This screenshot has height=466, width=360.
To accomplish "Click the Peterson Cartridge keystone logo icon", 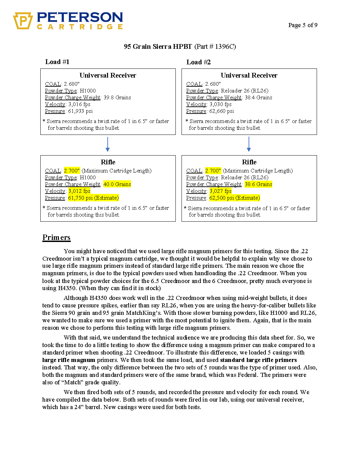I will point(23,21).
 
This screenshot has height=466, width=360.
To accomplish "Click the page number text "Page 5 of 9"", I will point(303,25).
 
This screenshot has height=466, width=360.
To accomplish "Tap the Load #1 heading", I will point(57,62).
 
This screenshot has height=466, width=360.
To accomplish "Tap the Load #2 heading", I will point(198,62).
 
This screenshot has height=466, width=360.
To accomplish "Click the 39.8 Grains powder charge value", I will point(117,98).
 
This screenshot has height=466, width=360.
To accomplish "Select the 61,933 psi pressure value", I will point(80,111).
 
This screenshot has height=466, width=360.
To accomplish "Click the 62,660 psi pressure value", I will point(221,111).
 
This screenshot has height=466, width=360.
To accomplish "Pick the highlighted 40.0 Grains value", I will point(117,184).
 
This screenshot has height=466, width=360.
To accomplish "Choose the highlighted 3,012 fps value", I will point(79,191).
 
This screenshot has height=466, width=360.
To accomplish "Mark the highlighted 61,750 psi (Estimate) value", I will point(93,198).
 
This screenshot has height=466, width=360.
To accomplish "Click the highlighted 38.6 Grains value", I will point(258,184).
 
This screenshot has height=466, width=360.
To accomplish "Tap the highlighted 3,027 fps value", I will point(220,191).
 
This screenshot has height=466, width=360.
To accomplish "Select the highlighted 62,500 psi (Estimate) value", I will point(235,198).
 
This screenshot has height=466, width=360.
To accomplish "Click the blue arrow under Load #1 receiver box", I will point(108,145).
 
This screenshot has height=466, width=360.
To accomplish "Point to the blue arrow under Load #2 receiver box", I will point(249,145).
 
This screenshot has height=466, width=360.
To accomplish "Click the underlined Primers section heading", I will point(57,238).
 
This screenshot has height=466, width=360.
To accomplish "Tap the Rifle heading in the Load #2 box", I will point(249,162).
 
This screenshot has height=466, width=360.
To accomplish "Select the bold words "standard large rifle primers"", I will point(258,360).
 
